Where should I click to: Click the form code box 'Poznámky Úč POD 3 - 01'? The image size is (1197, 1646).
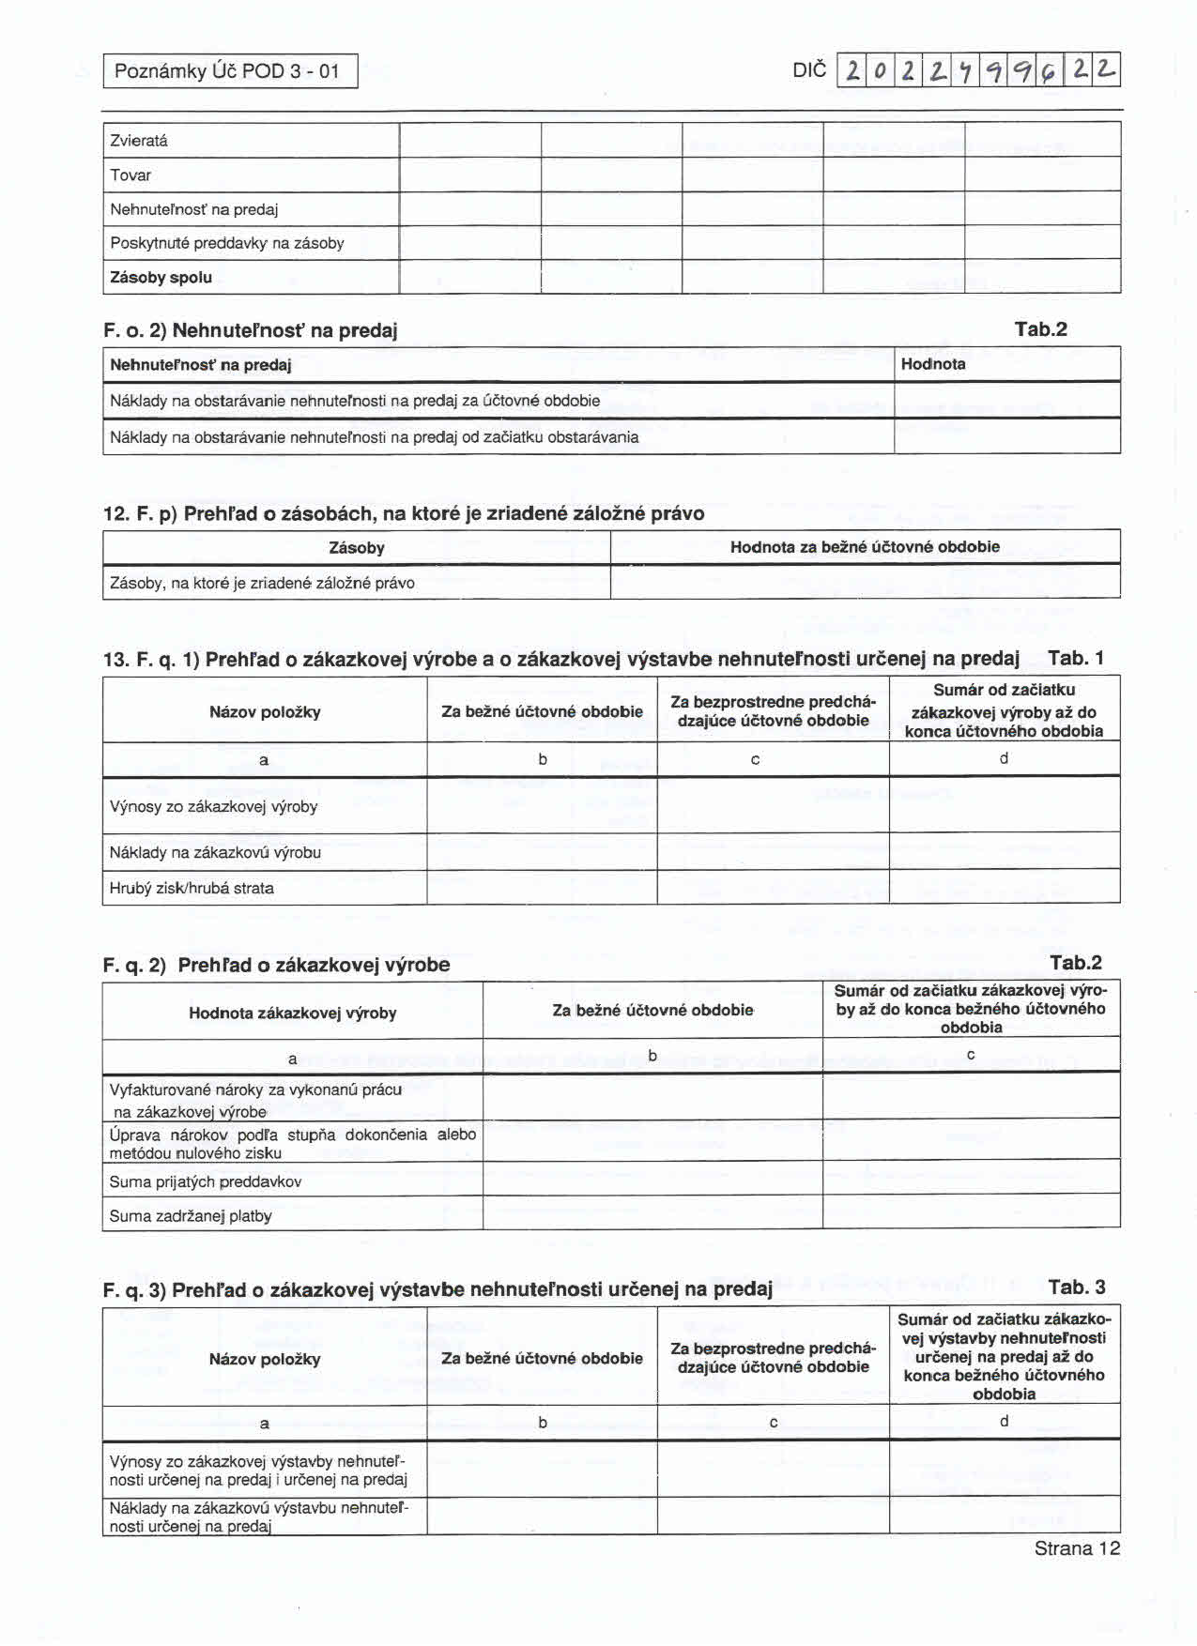[230, 71]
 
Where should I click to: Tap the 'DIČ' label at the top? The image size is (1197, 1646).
[809, 70]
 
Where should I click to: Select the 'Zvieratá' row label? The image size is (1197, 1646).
[139, 141]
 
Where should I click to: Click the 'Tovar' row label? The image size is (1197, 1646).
[130, 175]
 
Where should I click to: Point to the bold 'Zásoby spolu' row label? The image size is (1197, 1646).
[161, 278]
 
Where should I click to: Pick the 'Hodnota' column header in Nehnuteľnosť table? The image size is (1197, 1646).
[933, 364]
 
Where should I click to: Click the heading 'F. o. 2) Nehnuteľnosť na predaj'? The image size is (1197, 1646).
[251, 330]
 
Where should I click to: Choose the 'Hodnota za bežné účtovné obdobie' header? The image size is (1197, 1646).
[865, 547]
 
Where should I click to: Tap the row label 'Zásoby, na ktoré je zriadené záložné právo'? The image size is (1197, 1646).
[262, 583]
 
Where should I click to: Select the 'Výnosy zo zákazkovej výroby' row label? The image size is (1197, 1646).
[214, 807]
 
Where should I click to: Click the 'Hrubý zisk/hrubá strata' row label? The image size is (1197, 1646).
[192, 888]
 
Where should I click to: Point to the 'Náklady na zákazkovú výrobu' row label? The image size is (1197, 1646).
[215, 852]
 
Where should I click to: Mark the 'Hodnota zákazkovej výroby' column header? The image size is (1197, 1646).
[292, 1014]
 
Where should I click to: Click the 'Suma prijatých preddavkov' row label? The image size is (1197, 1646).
[206, 1182]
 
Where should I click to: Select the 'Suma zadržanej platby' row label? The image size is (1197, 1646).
[191, 1216]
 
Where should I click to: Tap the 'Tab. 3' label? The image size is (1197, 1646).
[1077, 1288]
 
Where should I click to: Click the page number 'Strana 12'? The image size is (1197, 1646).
[1077, 1548]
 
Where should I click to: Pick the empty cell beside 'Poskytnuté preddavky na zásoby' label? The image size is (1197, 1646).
[470, 243]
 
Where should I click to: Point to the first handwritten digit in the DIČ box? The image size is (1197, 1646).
[852, 71]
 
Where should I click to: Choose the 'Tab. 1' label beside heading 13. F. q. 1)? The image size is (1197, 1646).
[1076, 658]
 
